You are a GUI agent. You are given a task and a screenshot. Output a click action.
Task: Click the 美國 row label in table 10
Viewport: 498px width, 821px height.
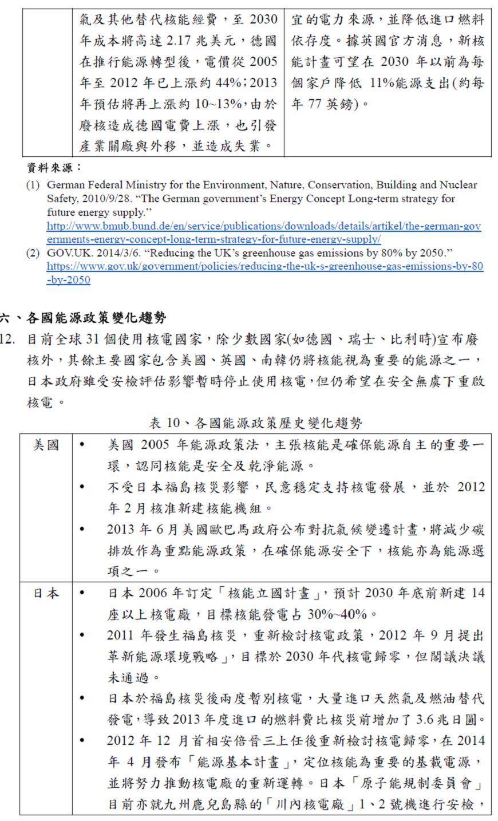click(x=46, y=445)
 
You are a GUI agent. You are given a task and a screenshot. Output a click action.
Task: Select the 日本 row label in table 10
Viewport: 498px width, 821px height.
click(x=46, y=593)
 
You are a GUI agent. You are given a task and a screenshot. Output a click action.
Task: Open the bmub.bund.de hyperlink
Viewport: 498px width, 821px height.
click(x=263, y=232)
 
